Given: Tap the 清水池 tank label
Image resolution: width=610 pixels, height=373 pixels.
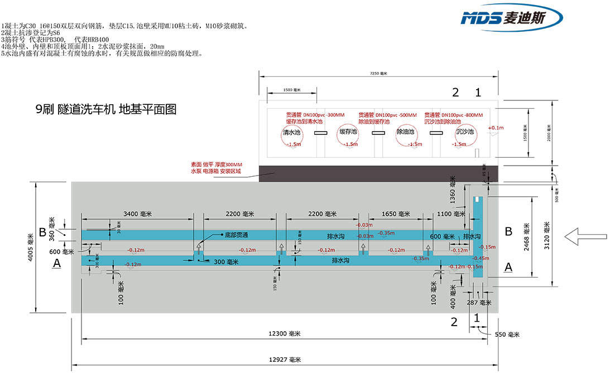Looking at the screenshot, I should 291,133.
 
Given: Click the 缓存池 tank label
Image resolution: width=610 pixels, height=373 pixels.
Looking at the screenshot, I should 348,133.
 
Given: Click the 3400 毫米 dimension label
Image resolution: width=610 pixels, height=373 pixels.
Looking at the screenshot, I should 137,214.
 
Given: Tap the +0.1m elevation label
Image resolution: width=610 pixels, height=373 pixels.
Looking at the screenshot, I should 495,128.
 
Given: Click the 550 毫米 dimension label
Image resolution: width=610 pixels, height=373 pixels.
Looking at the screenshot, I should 506,335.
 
